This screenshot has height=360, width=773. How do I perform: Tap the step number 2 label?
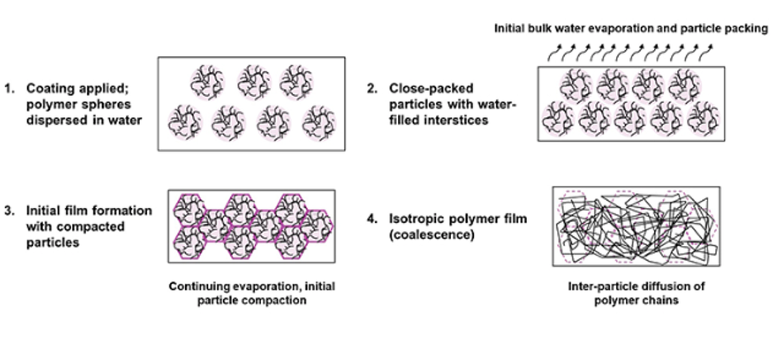(x=370, y=88)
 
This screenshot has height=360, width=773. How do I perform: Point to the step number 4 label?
(x=370, y=219)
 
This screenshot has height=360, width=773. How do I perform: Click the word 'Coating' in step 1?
(x=47, y=88)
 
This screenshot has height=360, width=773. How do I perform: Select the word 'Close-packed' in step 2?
(x=421, y=88)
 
